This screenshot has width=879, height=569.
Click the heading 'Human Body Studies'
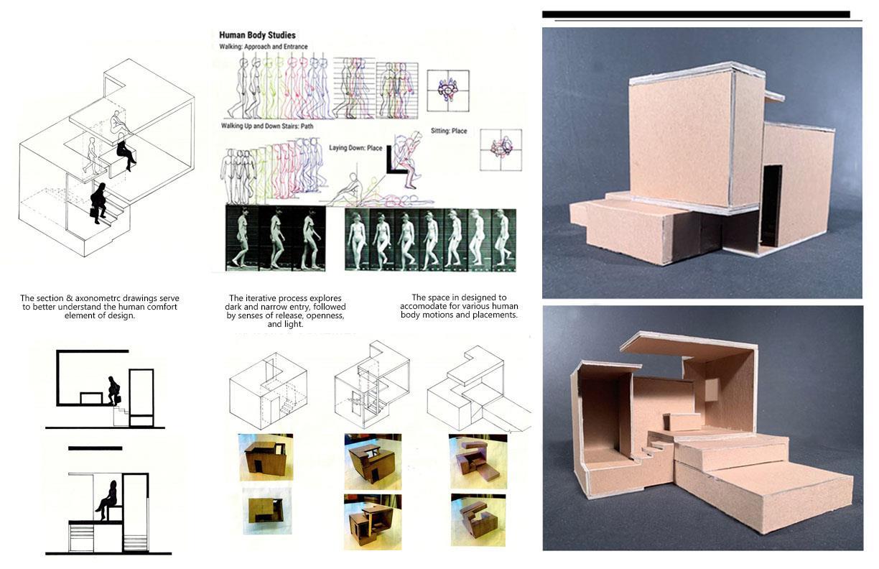257,35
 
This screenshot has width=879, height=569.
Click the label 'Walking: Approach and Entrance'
264,47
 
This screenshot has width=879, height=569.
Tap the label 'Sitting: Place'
449,131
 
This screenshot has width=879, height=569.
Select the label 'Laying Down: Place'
355,148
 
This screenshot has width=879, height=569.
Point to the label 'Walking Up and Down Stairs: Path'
267,126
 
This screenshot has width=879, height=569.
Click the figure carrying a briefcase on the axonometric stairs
98,203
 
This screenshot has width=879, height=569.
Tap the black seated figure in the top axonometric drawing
126,152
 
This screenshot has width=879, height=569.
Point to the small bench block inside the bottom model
682,422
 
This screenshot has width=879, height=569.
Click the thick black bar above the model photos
696,14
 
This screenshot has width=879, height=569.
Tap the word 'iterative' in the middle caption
262,298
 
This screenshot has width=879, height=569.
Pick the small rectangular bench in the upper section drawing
91,398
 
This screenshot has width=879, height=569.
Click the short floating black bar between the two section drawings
95,448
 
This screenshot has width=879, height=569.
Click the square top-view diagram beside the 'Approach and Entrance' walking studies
447,91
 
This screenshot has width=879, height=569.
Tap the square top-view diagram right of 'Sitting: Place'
501,150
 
